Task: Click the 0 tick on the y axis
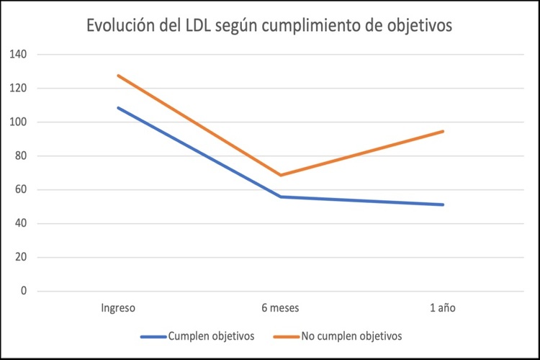coord(23,292)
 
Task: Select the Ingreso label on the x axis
coord(118,308)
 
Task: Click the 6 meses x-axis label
coord(280,308)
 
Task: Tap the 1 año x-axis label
coord(443,308)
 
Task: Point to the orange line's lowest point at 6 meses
coord(280,175)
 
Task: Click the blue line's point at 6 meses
coord(280,197)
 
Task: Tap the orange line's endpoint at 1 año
coord(443,131)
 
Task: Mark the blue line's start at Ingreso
coord(118,108)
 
